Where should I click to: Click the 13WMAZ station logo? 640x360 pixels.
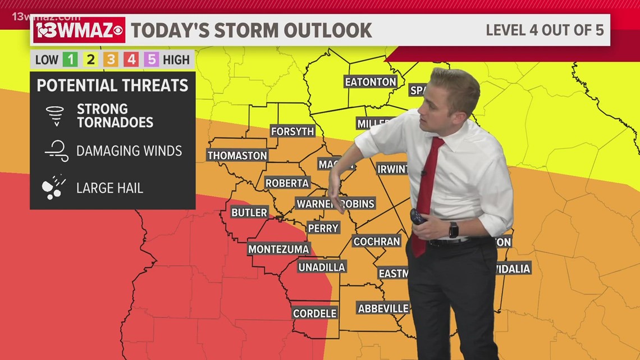pyautogui.click(x=79, y=30)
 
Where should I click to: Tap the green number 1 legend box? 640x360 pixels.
pyautogui.click(x=70, y=60)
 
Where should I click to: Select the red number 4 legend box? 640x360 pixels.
pyautogui.click(x=131, y=60)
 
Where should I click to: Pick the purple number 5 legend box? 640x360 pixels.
pyautogui.click(x=151, y=60)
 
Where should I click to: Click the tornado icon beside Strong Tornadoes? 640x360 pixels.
pyautogui.click(x=55, y=115)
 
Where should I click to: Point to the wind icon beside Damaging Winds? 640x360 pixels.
pyautogui.click(x=56, y=151)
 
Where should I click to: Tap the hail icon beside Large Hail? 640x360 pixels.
pyautogui.click(x=54, y=188)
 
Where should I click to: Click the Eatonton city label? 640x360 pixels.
pyautogui.click(x=371, y=82)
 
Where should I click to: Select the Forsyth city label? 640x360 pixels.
pyautogui.click(x=292, y=131)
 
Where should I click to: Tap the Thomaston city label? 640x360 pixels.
pyautogui.click(x=237, y=156)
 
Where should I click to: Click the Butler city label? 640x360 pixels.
pyautogui.click(x=249, y=212)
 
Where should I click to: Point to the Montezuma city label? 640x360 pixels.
pyautogui.click(x=279, y=249)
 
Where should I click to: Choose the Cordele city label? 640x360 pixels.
pyautogui.click(x=315, y=313)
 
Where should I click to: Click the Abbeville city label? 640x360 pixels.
pyautogui.click(x=383, y=308)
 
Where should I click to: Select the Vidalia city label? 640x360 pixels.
pyautogui.click(x=513, y=268)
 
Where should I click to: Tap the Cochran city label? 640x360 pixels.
pyautogui.click(x=377, y=241)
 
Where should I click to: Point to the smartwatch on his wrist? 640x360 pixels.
pyautogui.click(x=453, y=230)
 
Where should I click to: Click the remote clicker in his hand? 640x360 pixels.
pyautogui.click(x=418, y=216)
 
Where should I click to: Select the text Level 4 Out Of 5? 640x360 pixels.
pyautogui.click(x=545, y=30)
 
